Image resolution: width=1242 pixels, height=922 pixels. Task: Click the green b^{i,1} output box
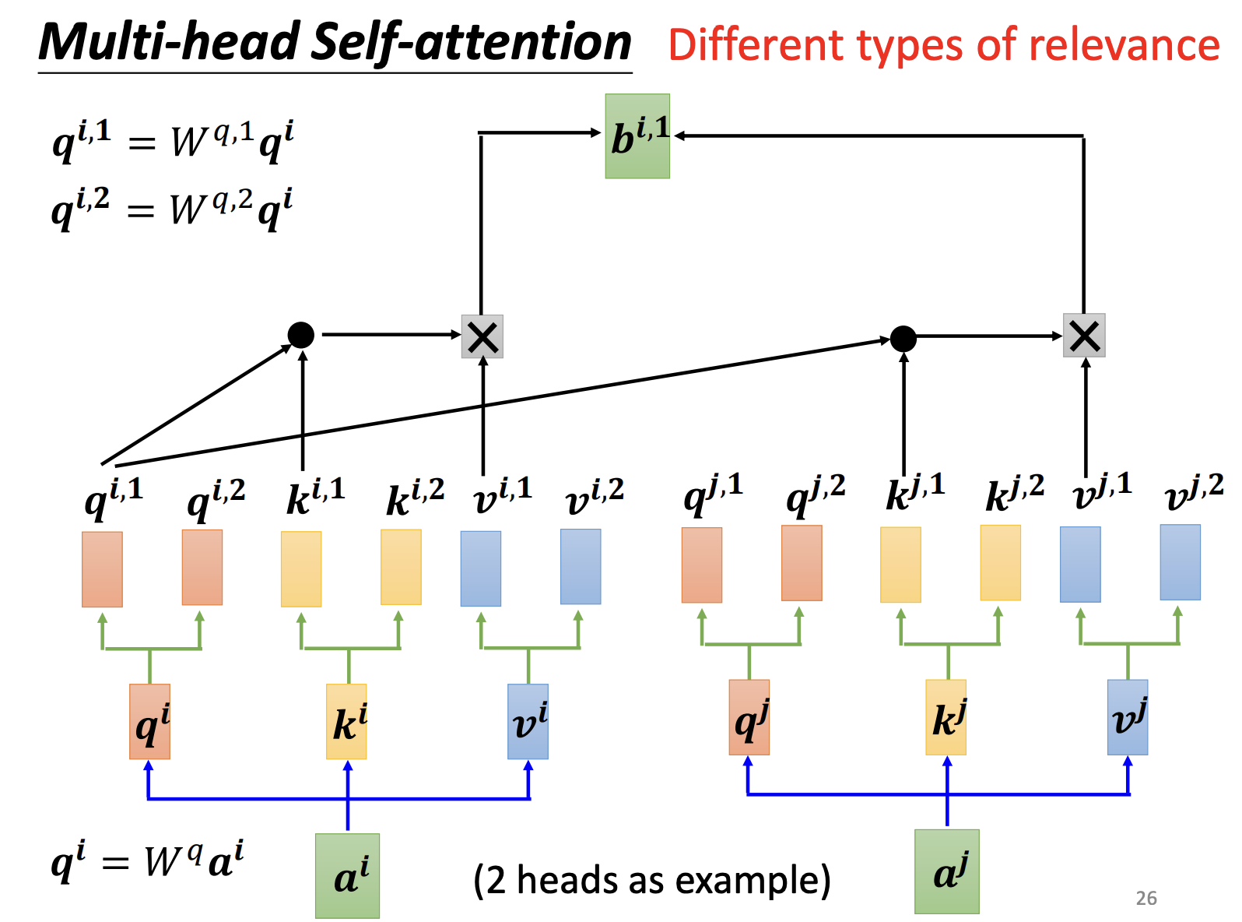[637, 136]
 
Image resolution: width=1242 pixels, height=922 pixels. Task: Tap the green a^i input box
[347, 875]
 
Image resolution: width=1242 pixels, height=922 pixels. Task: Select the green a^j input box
[946, 871]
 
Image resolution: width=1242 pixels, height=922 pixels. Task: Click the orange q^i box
[149, 721]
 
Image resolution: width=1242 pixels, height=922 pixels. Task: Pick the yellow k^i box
[346, 721]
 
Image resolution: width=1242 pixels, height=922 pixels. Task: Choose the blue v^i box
[528, 721]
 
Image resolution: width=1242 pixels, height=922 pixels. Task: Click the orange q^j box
[749, 717]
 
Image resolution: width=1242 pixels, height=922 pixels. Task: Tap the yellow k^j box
[946, 717]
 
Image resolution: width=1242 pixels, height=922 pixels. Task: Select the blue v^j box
[1128, 717]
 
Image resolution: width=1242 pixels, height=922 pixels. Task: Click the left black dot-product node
[301, 335]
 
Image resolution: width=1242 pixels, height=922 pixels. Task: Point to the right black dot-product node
[903, 338]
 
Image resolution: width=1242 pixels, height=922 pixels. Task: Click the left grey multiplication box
[482, 336]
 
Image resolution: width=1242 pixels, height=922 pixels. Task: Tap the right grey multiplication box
[1084, 336]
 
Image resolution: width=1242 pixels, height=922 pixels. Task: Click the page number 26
[1146, 898]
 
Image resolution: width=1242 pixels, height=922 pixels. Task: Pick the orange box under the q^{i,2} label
[202, 567]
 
